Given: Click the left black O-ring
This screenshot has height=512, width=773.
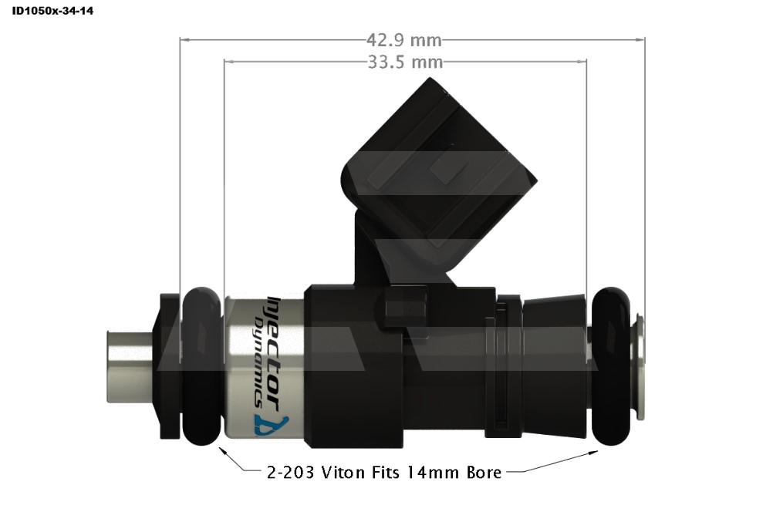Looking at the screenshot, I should (202, 366).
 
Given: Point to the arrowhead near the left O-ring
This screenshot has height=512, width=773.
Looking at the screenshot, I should (223, 451).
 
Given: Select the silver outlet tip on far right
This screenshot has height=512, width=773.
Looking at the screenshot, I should (639, 366).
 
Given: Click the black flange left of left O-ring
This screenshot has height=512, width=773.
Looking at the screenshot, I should (170, 366).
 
